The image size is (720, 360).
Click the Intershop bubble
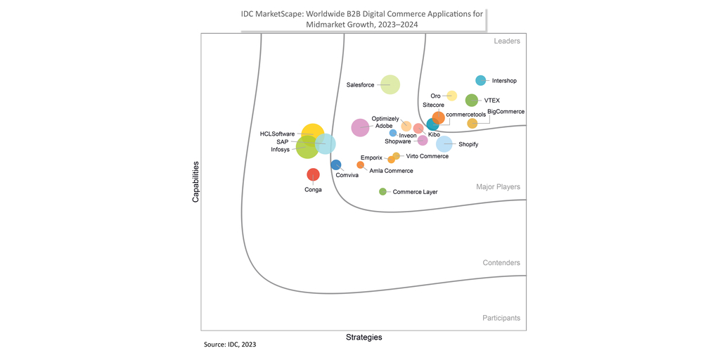click(x=481, y=81)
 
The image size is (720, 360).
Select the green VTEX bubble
click(x=472, y=101)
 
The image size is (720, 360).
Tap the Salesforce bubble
click(x=390, y=85)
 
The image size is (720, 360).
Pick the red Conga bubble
click(x=313, y=174)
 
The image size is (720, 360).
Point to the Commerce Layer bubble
click(x=382, y=191)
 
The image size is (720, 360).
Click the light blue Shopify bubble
click(x=444, y=144)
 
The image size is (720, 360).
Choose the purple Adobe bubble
click(x=360, y=127)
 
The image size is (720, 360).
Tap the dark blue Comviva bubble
click(x=336, y=165)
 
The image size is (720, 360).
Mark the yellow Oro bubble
click(x=452, y=96)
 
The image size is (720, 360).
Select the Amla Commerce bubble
click(x=361, y=165)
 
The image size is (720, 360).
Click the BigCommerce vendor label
click(x=506, y=112)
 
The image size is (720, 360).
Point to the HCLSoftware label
click(x=277, y=134)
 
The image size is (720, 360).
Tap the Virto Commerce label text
click(x=427, y=156)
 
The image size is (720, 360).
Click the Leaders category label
click(x=506, y=41)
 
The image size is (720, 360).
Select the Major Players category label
click(x=498, y=187)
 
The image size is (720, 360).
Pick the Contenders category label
click(x=501, y=263)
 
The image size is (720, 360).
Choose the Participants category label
click(x=501, y=318)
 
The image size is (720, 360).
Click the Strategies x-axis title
click(x=364, y=337)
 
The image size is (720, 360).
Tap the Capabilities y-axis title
click(x=196, y=183)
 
